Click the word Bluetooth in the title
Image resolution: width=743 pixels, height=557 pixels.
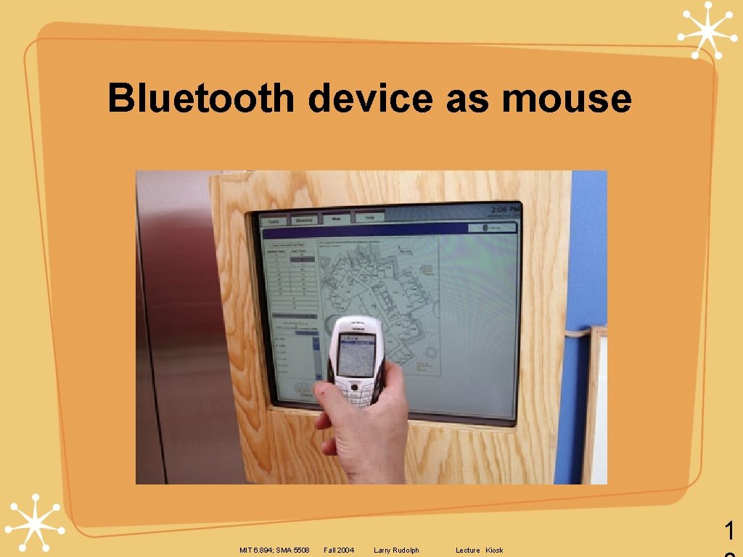[200, 99]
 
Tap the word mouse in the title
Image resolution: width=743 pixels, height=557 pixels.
[566, 99]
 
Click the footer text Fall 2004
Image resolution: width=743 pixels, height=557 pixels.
[339, 550]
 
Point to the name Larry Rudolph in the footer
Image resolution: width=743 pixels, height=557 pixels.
[396, 550]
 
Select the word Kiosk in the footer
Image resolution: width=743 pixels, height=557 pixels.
[494, 550]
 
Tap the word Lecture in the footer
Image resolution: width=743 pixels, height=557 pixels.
[468, 550]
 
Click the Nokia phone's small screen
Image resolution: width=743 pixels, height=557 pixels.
[356, 355]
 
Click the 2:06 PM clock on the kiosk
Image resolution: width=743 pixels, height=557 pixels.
[505, 210]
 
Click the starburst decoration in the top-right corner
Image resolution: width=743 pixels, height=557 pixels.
[707, 29]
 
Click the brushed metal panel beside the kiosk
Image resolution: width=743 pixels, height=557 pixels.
[174, 326]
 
